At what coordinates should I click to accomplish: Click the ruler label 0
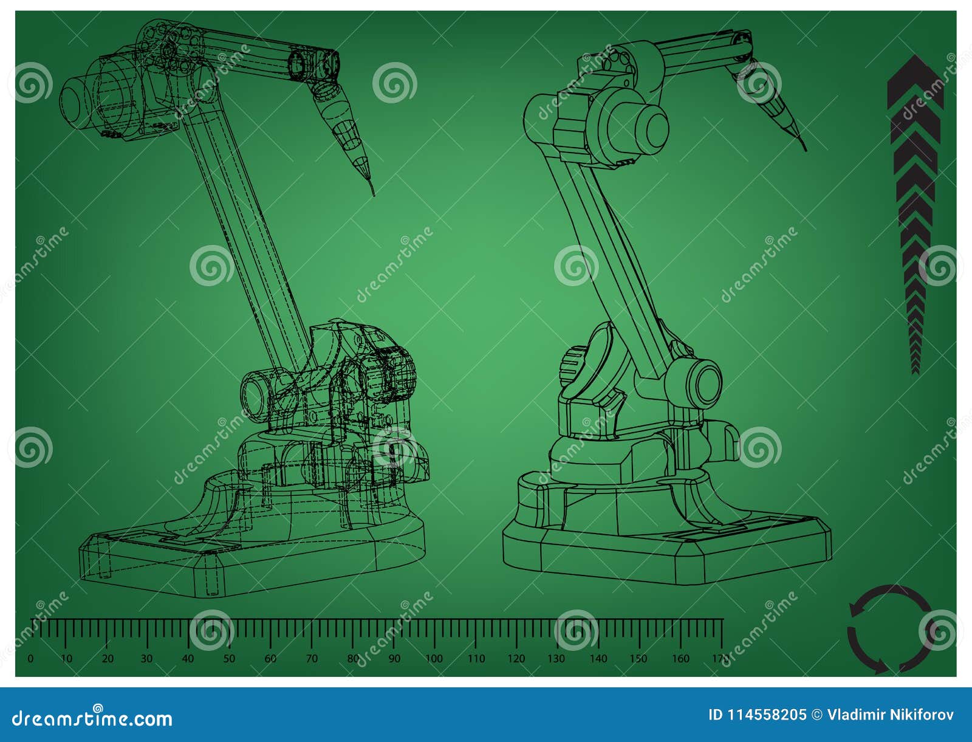pyautogui.click(x=31, y=659)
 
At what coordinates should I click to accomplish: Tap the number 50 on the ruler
pyautogui.click(x=229, y=659)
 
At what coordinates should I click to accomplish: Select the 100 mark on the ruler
pyautogui.click(x=434, y=659)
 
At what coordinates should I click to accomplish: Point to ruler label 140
pyautogui.click(x=598, y=659)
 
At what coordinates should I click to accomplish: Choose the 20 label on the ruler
pyautogui.click(x=108, y=659)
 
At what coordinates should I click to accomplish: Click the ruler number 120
pyautogui.click(x=516, y=659)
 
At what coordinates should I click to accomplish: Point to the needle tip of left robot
pyautogui.click(x=373, y=194)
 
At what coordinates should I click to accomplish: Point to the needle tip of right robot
pyautogui.click(x=805, y=149)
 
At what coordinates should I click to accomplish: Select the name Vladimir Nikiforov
pyautogui.click(x=891, y=715)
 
